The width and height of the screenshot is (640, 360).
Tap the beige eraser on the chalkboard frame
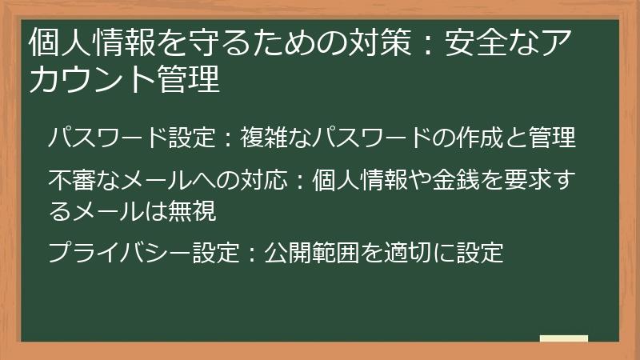564,339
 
